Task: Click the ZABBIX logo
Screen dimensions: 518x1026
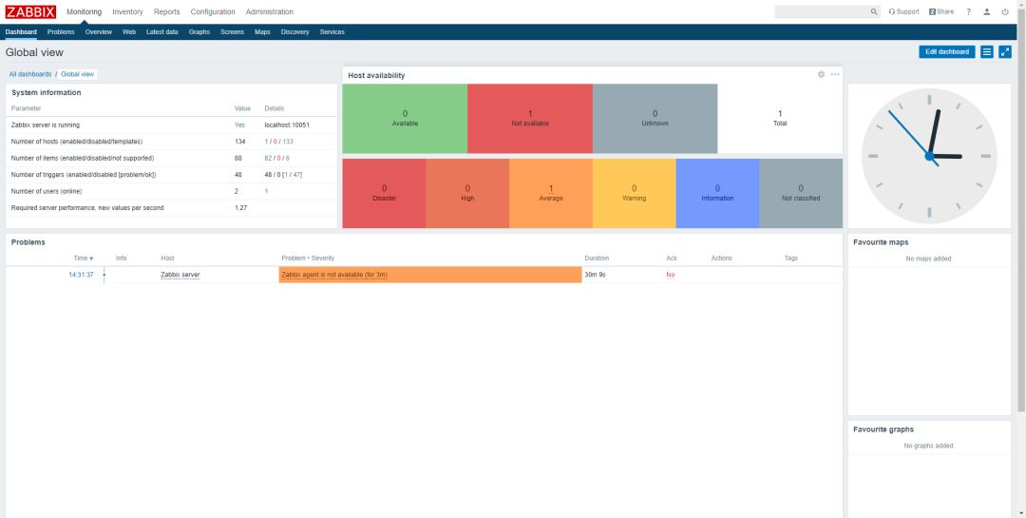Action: pos(30,11)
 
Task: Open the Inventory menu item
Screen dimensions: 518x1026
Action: pos(127,11)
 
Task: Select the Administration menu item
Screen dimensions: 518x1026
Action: pos(269,11)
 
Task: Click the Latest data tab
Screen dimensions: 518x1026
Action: pos(161,31)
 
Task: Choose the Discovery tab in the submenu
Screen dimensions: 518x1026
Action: pos(294,31)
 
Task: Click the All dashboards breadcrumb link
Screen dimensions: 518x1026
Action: pos(30,74)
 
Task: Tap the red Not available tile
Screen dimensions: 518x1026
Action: pos(530,118)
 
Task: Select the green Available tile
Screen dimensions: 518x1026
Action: pos(405,118)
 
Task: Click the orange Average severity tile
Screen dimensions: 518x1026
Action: pos(551,193)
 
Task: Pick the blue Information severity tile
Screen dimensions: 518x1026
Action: pos(717,193)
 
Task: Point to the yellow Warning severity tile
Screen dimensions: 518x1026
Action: pos(634,193)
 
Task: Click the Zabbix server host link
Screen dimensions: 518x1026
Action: pos(180,275)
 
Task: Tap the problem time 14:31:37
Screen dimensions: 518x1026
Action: pos(81,275)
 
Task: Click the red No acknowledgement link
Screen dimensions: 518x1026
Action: pos(670,275)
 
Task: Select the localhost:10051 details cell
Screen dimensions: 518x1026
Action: pos(287,125)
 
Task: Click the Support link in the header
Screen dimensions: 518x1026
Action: pos(904,11)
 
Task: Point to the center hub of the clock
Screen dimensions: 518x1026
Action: pos(929,155)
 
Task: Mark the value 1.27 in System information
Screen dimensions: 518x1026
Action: pos(240,207)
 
